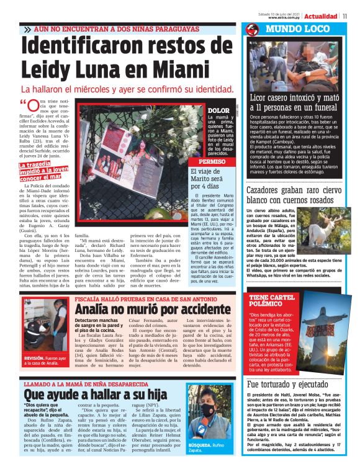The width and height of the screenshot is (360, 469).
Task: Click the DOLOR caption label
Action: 215,110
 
